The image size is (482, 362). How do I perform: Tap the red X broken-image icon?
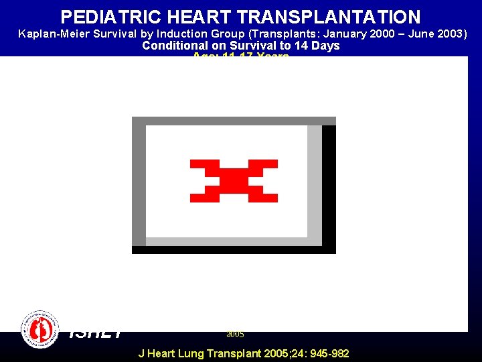tap(234, 181)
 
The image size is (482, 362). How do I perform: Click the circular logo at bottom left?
tap(40, 329)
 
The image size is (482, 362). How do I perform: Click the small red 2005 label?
tap(235, 334)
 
